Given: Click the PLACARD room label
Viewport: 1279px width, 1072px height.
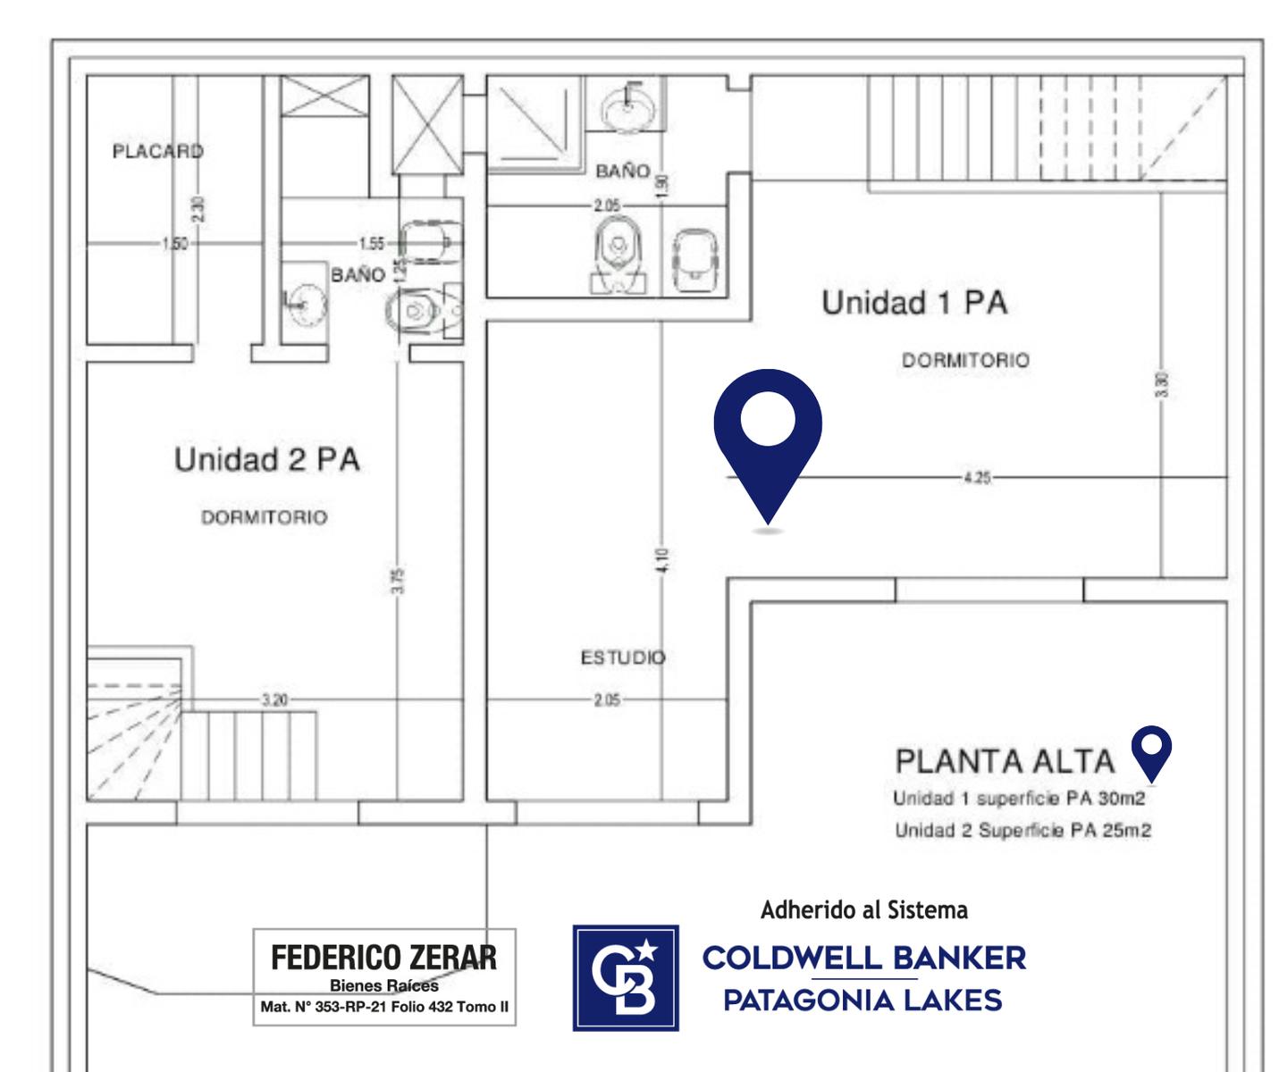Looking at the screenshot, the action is point(158,151).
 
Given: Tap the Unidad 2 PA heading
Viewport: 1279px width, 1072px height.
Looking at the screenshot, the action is point(267,459).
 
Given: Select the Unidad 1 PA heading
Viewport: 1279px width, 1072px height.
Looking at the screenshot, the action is point(914,303).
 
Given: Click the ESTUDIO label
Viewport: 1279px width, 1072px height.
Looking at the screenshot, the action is point(623,657).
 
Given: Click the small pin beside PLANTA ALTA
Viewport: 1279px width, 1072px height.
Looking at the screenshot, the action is point(1151,753).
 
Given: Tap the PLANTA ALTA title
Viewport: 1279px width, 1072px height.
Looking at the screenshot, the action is point(1005,761).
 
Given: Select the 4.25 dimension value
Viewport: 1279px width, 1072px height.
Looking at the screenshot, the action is point(977,477).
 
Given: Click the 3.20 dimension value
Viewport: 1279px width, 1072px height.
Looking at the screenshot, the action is point(275,699).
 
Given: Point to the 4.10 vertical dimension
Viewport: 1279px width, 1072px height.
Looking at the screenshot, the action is point(662,560).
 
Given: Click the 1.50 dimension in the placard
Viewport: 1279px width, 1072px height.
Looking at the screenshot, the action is point(175,244).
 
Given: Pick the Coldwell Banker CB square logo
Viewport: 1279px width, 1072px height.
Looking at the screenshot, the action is point(626,977).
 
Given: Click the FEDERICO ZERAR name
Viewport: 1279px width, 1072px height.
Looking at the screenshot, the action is point(384,959).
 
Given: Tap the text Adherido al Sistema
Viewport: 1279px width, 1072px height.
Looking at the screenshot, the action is point(864,910).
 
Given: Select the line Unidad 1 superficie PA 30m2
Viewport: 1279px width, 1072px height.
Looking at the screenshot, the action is point(1019,799).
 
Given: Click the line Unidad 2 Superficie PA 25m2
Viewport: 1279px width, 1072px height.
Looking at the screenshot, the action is point(1023,830).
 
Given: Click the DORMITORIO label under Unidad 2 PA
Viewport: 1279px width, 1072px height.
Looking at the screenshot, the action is point(265,517).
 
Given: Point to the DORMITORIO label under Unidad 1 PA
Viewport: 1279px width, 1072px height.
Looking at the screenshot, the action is point(965,360).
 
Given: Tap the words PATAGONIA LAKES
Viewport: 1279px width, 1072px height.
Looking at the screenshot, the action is point(863,1000).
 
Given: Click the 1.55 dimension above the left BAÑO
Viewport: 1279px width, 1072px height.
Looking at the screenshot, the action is point(372,244).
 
